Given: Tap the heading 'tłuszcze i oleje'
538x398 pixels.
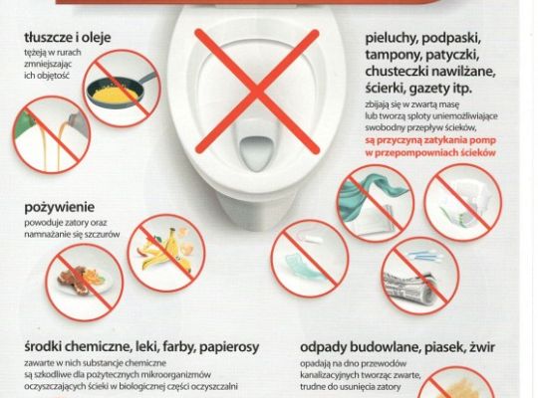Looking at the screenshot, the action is point(68,38).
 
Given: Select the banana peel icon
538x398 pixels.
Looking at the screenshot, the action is point(168,252).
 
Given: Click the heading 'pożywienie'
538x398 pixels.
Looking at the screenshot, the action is point(60,208).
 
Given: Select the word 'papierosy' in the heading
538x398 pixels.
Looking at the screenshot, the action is point(229,347).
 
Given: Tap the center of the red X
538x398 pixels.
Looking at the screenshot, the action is point(257,91).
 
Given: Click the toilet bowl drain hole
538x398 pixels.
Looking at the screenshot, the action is point(257,153).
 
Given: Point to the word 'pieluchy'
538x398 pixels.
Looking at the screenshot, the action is point(391,39).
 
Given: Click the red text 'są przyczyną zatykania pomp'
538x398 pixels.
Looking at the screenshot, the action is point(430,140).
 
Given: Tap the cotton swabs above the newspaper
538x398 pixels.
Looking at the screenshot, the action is point(422,256).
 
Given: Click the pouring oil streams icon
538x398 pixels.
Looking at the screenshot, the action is point(52,134).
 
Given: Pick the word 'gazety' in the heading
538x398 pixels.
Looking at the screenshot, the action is point(426,90).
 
